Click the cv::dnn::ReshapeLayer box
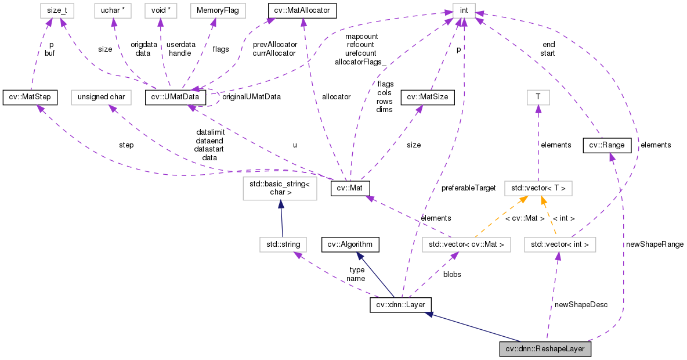coord(545,350)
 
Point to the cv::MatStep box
coord(30,97)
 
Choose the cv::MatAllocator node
coord(302,10)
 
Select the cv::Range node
coord(606,145)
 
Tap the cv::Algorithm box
coord(350,244)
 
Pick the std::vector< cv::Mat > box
coord(467,244)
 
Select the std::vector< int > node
coord(560,244)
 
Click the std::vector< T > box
coord(538,188)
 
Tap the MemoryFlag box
coord(213,10)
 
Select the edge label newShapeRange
coord(655,244)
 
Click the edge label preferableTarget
coord(468,188)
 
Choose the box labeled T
coord(538,97)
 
